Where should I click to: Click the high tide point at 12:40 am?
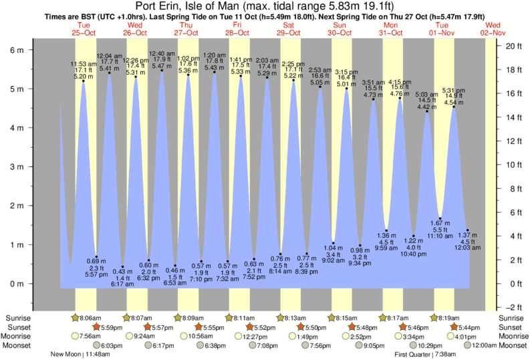[x=162, y=71]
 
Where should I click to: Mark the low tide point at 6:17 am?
[x=122, y=266]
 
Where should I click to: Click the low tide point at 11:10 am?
[x=440, y=218]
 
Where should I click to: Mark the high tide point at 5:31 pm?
[x=454, y=107]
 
